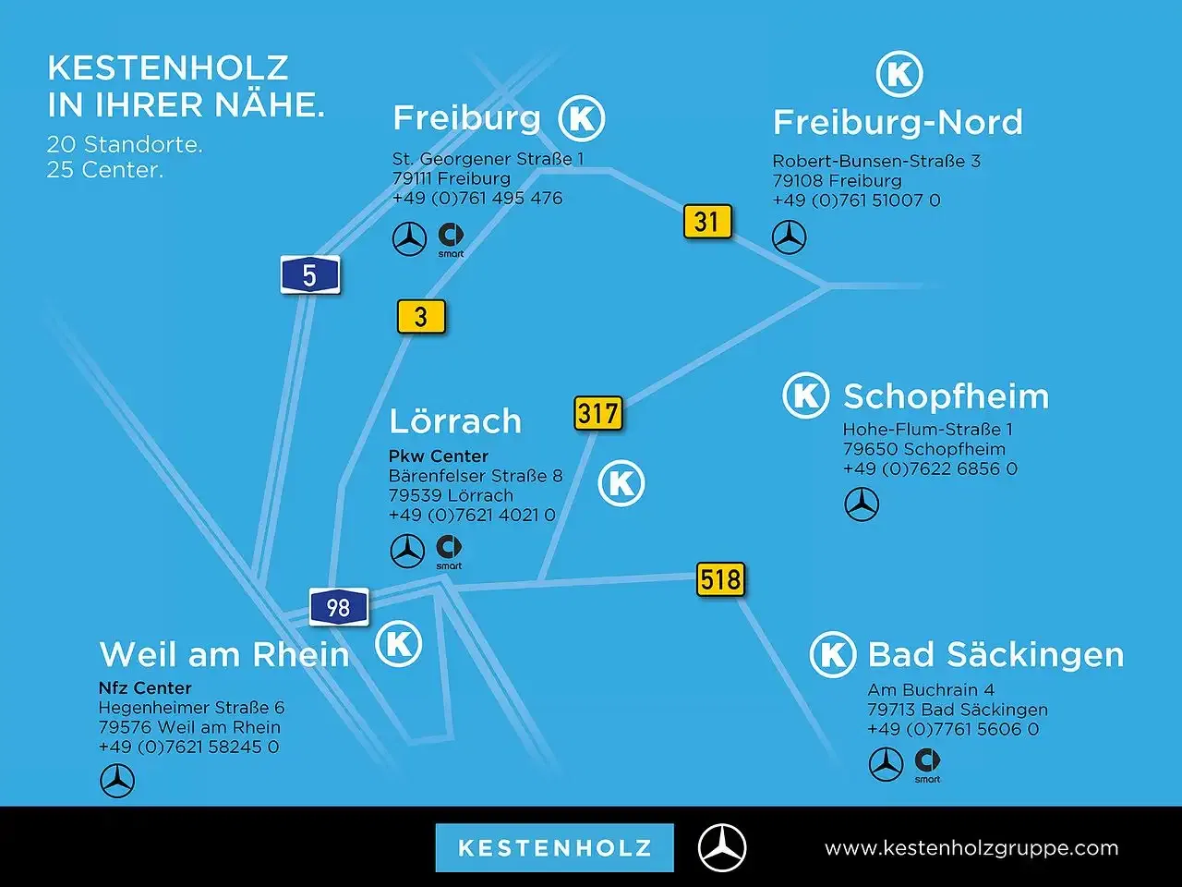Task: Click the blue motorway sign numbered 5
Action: tap(310, 274)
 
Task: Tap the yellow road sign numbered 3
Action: tap(421, 317)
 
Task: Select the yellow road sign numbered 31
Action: tap(707, 222)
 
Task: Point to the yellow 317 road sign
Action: tap(597, 413)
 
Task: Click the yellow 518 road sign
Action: tap(720, 579)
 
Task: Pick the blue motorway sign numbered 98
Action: tap(339, 607)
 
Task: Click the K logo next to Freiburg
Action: tap(582, 118)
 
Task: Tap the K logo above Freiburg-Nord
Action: tap(899, 74)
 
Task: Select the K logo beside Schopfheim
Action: tap(805, 395)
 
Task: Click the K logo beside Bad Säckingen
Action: tap(833, 654)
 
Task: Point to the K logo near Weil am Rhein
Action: tap(399, 644)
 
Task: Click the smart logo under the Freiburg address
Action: tap(451, 240)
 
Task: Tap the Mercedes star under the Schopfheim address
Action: tap(862, 504)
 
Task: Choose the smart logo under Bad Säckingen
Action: tap(927, 765)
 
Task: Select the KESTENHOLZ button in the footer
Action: tap(555, 847)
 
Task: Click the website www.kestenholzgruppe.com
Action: tap(971, 848)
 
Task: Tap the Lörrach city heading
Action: tap(455, 420)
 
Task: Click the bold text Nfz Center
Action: tap(145, 687)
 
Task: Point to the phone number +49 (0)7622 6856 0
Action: tap(930, 468)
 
